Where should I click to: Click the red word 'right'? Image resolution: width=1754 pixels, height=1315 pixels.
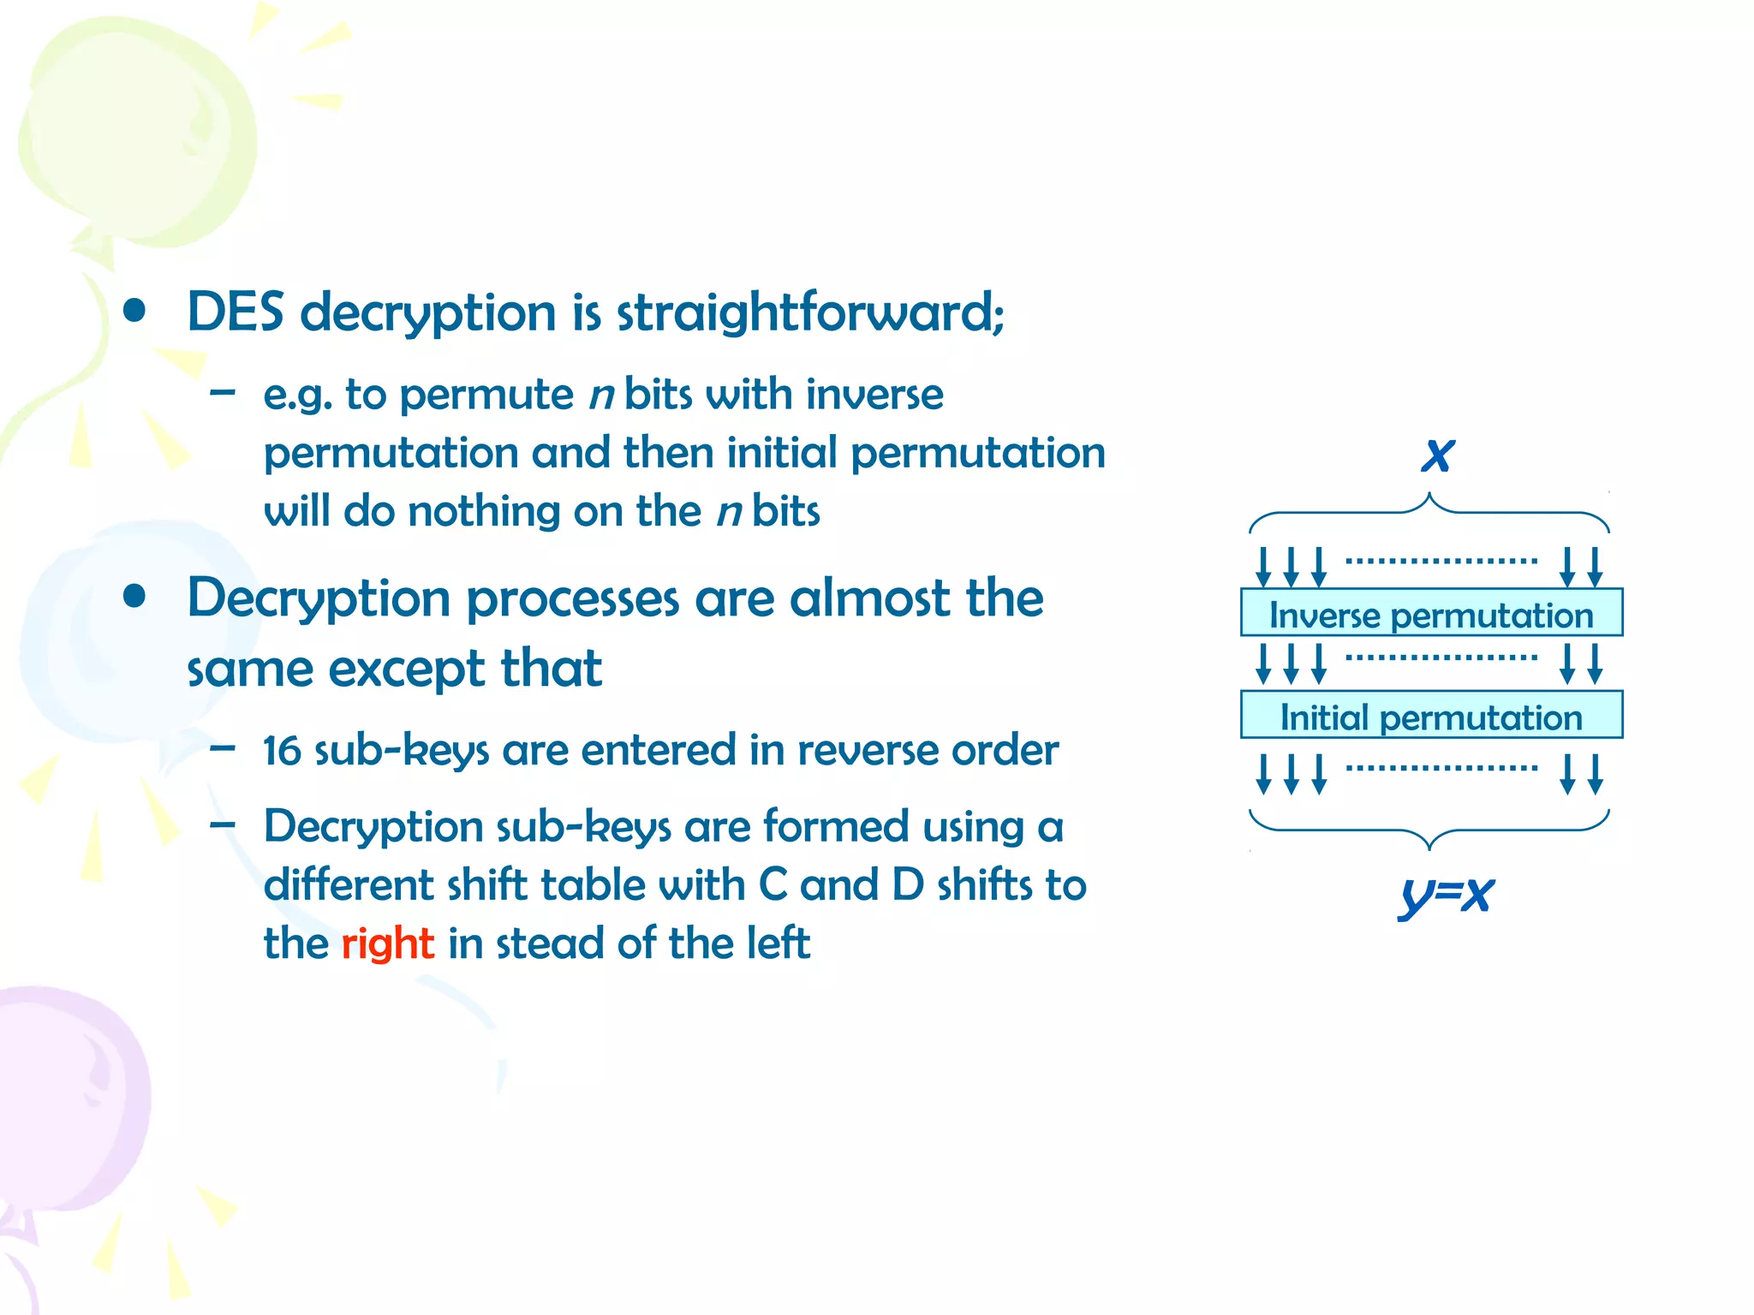[387, 943]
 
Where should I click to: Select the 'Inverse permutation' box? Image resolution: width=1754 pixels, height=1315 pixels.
[1431, 613]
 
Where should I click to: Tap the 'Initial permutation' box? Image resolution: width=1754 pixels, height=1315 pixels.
[1431, 715]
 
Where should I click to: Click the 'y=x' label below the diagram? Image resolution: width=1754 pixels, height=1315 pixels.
[1446, 896]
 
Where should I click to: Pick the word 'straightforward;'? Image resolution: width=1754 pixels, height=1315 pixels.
[810, 312]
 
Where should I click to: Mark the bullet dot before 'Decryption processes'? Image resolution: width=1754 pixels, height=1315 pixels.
[134, 597]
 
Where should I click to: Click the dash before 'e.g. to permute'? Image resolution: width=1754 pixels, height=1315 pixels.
[223, 393]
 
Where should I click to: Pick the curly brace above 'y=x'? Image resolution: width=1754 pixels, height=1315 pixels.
[1429, 829]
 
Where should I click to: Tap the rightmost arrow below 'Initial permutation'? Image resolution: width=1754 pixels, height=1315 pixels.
[1595, 774]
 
